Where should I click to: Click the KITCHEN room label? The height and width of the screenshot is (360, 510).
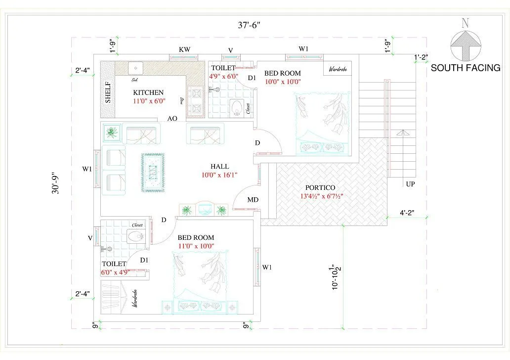[x=148, y=92]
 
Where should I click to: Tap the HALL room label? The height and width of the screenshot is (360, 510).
[x=219, y=167]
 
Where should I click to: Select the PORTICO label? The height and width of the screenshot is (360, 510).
[x=320, y=188]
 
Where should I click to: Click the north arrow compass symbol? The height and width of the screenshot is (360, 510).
[x=465, y=45]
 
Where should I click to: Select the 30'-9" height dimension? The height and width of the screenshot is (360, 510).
[x=59, y=182]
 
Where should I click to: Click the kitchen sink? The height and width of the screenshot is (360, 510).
[x=135, y=68]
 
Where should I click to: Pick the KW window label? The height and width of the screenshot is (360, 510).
[x=184, y=49]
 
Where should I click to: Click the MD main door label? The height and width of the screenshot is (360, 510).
[x=253, y=200]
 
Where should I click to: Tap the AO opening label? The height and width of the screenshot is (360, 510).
[x=172, y=119]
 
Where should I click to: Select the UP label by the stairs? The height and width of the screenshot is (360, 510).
[x=410, y=184]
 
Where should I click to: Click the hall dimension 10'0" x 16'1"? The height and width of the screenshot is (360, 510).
[x=219, y=175]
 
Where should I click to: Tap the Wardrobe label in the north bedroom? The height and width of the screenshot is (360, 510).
[x=338, y=69]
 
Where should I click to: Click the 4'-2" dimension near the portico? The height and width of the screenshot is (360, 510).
[x=407, y=214]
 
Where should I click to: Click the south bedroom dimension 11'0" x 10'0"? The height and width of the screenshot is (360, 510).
[x=196, y=246]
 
